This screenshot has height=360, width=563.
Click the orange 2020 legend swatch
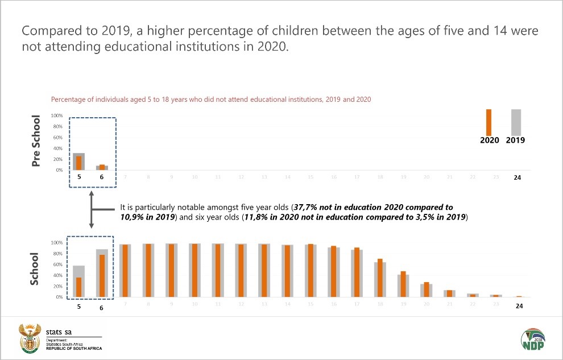489,122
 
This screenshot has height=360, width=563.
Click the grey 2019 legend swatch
516,122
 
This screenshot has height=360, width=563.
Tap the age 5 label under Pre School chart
79,177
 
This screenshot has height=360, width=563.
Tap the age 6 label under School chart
102,308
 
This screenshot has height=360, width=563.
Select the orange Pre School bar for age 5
79,163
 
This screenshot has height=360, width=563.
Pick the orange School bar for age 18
380,278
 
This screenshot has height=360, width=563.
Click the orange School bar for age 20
427,289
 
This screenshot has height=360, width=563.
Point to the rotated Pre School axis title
36,142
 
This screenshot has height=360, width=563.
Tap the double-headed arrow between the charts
92,210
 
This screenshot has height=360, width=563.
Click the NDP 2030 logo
532,339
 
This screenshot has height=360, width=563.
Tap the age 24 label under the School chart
519,306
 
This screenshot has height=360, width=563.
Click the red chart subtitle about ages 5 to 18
211,100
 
